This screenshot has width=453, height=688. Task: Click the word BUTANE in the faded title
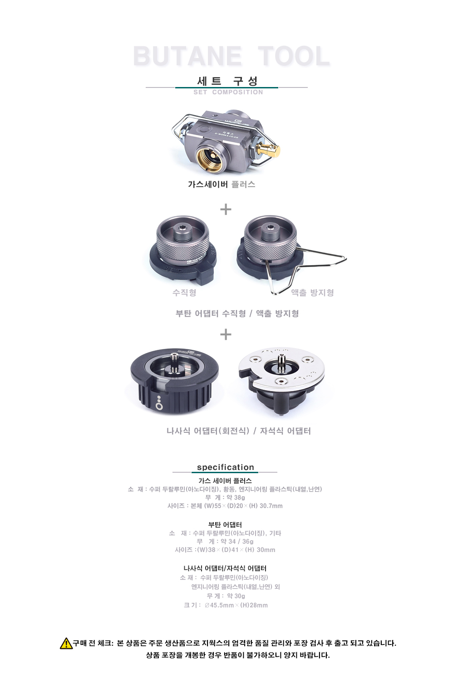click(x=187, y=56)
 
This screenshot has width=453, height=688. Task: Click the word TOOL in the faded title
click(x=294, y=56)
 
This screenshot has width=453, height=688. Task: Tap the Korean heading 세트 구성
click(x=227, y=81)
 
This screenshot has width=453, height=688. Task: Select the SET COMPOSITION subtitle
click(x=228, y=92)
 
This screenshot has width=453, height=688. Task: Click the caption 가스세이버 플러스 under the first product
click(x=222, y=184)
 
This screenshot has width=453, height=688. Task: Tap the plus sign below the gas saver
click(x=226, y=209)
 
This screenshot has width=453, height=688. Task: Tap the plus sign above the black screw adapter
click(x=226, y=334)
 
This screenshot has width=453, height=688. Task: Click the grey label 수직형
click(x=184, y=292)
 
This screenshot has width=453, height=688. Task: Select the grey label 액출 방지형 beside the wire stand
click(x=312, y=292)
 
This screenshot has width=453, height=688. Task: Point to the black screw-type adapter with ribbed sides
click(x=174, y=381)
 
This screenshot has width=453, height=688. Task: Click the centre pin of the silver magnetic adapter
click(x=281, y=362)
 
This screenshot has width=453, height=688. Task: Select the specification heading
click(x=226, y=467)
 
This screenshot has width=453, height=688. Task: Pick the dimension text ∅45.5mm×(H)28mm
click(x=236, y=605)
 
